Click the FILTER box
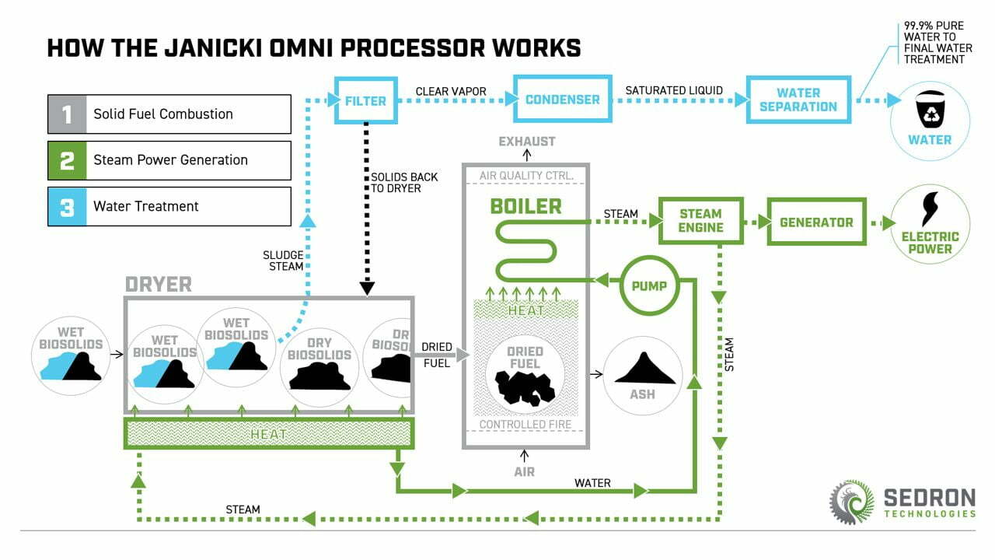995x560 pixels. tap(365, 100)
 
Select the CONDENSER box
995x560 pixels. tap(562, 100)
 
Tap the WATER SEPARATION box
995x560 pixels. tap(798, 100)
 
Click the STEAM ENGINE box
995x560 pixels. tap(700, 220)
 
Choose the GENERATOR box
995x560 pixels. tap(815, 222)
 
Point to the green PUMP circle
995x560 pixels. tap(649, 285)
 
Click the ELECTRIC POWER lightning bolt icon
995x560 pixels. tap(930, 208)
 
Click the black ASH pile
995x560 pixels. tap(643, 369)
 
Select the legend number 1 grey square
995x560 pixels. tap(68, 114)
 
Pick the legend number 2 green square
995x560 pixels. tap(68, 160)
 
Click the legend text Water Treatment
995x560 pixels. tap(146, 206)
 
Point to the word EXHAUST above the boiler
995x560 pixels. tap(527, 142)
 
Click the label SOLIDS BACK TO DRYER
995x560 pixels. tap(404, 183)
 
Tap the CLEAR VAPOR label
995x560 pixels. tap(451, 91)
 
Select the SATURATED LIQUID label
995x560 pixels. tap(674, 91)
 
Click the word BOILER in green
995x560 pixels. tap(525, 206)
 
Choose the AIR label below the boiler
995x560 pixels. tap(525, 471)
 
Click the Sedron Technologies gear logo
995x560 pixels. tap(851, 501)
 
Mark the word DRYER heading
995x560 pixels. tap(159, 285)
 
